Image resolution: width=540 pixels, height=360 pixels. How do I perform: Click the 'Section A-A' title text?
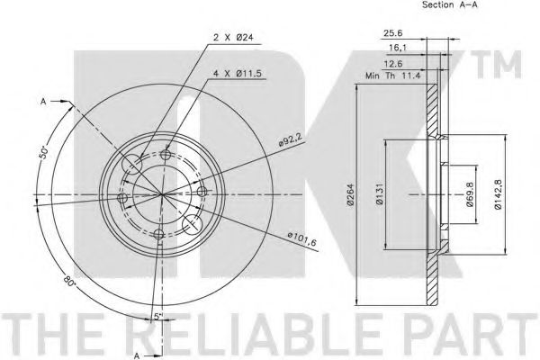point(450,4)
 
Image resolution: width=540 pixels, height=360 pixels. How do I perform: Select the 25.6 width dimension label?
point(392,33)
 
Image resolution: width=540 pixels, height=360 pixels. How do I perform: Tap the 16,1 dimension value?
point(398,48)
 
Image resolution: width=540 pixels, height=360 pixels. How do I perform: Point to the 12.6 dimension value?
point(393,64)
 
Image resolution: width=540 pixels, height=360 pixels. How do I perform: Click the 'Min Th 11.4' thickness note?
point(393,76)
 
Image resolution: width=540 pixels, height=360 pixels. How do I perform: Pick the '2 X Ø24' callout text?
point(233,37)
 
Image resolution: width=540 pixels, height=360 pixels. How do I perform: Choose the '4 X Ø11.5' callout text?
point(238,73)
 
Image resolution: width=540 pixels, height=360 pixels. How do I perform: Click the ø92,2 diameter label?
point(291,139)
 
